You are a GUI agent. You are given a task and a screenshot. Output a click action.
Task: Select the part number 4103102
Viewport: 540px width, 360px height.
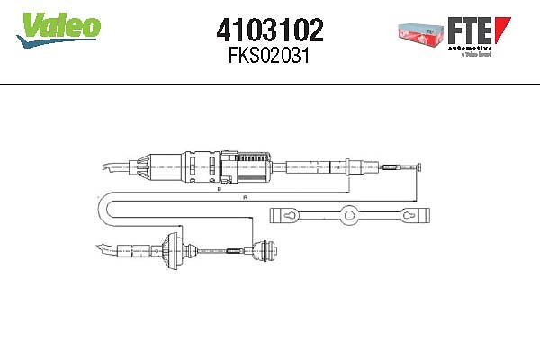tap(270, 31)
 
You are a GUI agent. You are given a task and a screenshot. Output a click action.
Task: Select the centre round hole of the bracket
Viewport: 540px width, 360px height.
tap(347, 216)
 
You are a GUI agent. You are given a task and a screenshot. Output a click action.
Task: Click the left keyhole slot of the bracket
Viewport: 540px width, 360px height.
tap(289, 216)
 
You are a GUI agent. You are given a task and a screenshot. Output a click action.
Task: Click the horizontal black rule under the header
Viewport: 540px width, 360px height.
tap(270, 84)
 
